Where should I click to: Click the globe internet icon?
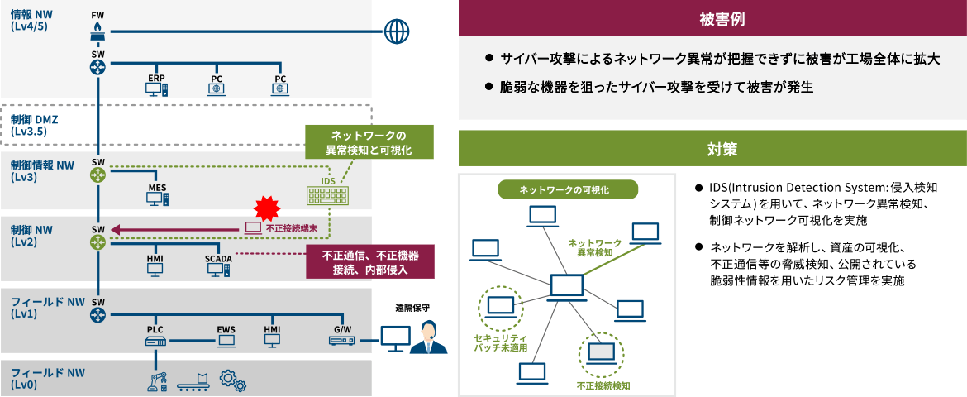(397, 31)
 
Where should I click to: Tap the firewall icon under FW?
(98, 31)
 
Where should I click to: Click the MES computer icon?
(157, 198)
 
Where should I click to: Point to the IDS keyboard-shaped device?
(328, 194)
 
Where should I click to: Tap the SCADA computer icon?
(218, 269)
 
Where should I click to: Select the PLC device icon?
(155, 340)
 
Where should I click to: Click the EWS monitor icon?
(226, 340)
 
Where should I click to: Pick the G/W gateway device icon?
(342, 340)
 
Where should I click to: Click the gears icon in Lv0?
(233, 380)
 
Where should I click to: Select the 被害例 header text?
(712, 18)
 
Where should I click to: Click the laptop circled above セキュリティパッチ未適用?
(499, 307)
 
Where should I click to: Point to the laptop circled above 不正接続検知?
(600, 353)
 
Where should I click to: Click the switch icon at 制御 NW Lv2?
(98, 242)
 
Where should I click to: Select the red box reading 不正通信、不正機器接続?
(369, 262)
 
